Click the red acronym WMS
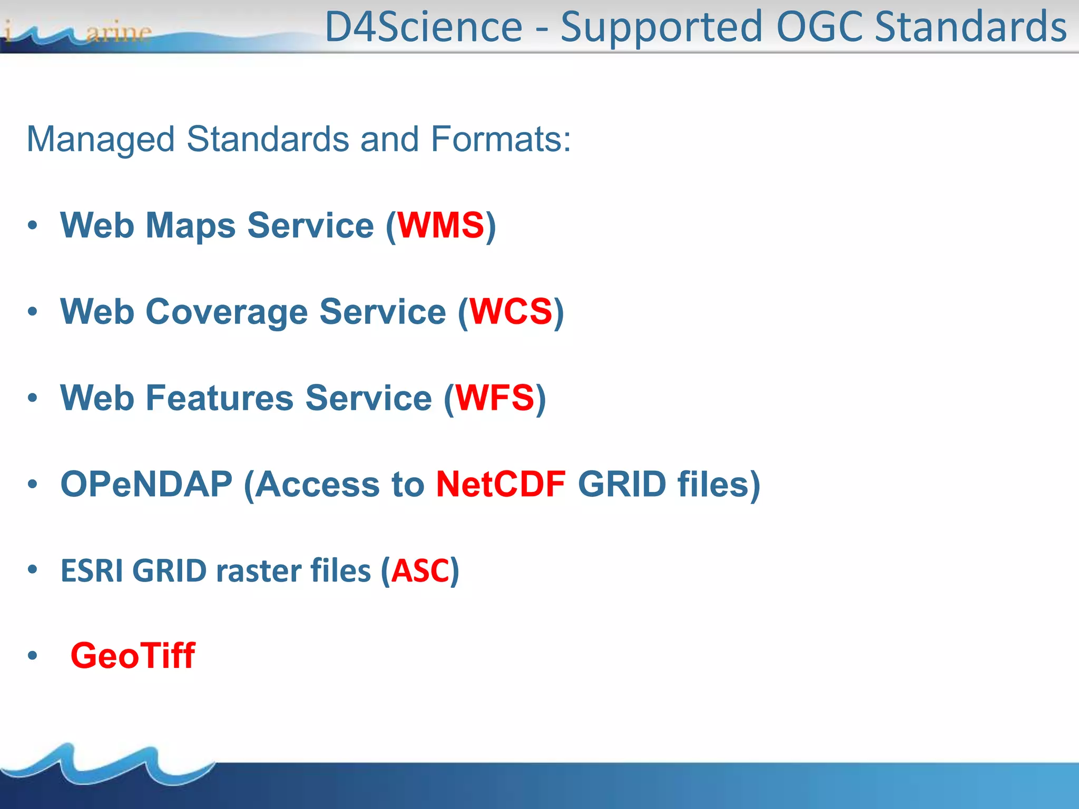(x=440, y=225)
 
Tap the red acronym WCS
(x=511, y=312)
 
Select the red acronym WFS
(x=495, y=398)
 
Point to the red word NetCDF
(x=501, y=484)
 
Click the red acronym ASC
(x=420, y=570)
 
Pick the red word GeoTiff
(x=133, y=656)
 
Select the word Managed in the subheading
(x=101, y=139)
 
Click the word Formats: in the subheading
(x=501, y=139)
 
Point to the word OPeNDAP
(x=146, y=484)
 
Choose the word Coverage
(x=227, y=312)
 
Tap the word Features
(x=219, y=398)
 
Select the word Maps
(x=191, y=225)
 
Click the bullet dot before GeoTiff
(x=33, y=656)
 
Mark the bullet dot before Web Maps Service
(x=33, y=225)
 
